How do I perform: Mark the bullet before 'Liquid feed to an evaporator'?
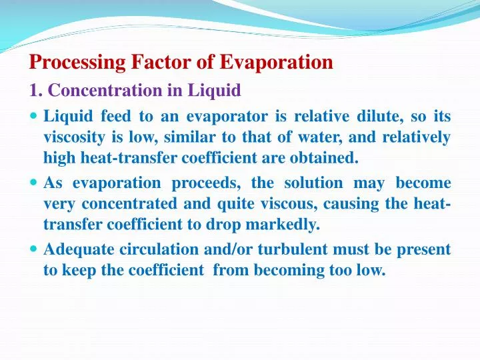(34, 117)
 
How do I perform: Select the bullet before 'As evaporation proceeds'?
(34, 183)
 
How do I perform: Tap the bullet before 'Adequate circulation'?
(34, 249)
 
